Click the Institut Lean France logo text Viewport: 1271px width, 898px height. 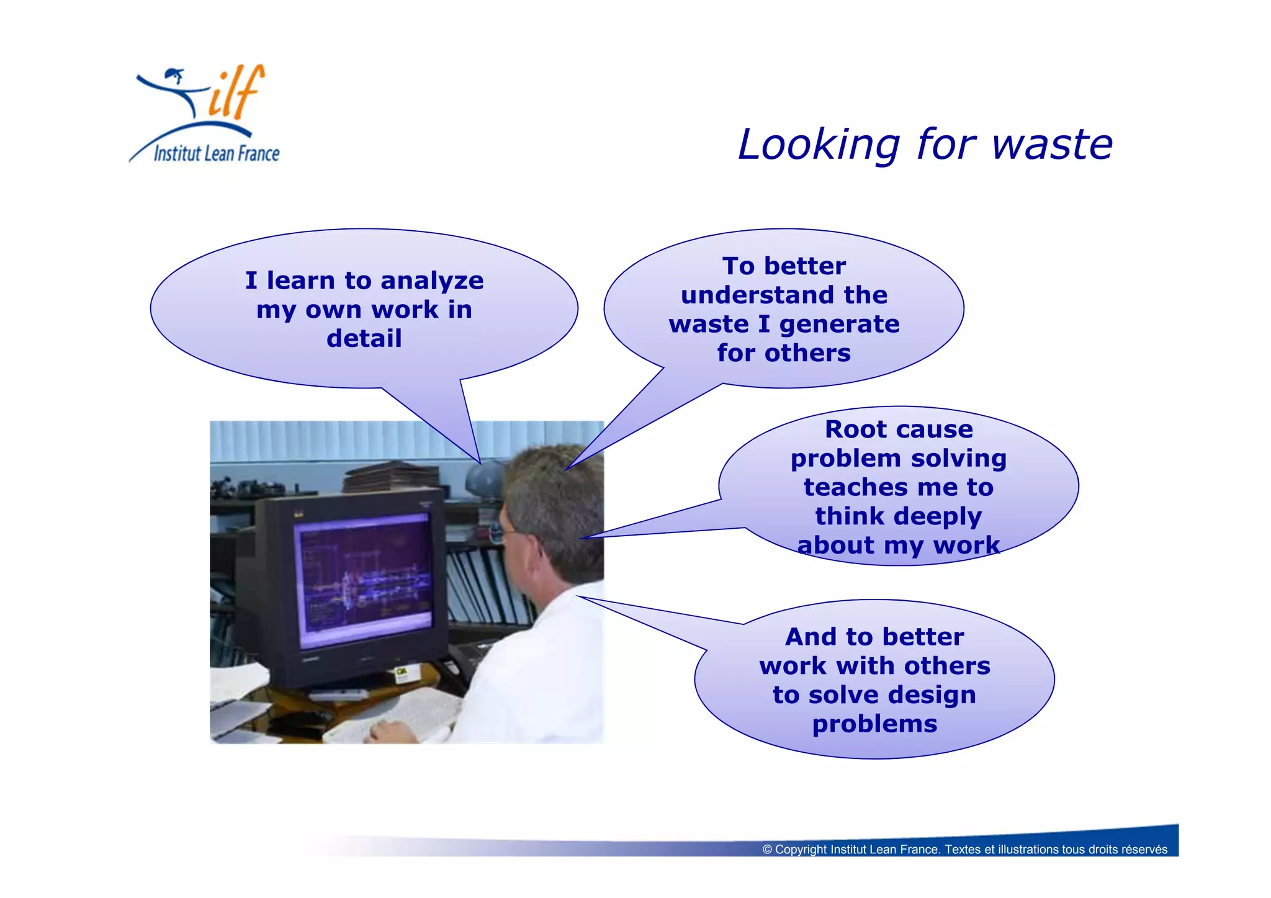pos(216,153)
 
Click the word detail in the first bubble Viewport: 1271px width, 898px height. pos(364,339)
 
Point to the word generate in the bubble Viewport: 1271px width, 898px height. pos(839,325)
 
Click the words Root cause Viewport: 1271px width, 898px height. pos(898,429)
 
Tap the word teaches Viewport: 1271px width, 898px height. pos(855,487)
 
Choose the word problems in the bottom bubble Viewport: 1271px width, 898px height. pos(874,724)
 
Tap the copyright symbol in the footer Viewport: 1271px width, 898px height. pos(767,850)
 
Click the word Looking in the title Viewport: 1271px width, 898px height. pos(818,145)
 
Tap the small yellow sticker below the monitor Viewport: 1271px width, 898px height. pos(402,675)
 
